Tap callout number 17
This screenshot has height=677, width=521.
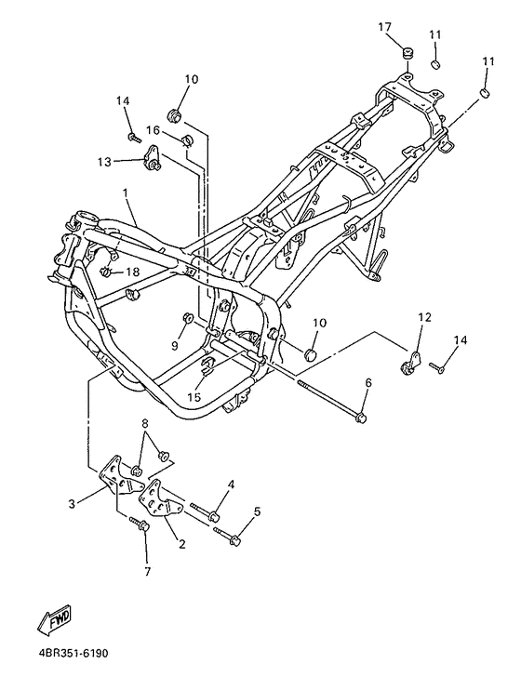tap(384, 27)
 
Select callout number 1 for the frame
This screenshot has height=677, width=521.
tap(126, 192)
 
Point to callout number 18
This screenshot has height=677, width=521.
tap(133, 272)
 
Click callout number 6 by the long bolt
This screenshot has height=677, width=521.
tap(368, 382)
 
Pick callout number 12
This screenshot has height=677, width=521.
tap(424, 317)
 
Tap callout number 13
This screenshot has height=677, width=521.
tap(104, 162)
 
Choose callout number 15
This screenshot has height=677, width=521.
tap(194, 397)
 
